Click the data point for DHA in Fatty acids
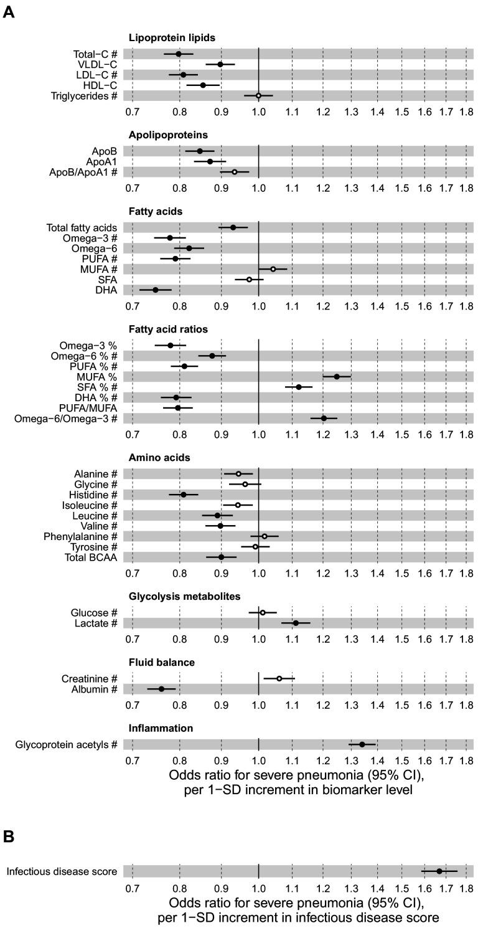coord(155,290)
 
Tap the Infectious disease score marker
coord(439,871)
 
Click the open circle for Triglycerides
coord(258,95)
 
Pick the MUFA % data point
coord(337,377)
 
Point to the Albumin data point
coord(161,689)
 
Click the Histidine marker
coord(183,495)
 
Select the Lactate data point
coord(296,623)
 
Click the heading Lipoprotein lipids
coord(172,38)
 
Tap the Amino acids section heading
coord(159,458)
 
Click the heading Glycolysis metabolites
coord(184,597)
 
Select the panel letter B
coord(9,837)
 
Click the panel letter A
coord(9,12)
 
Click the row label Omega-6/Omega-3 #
coord(65,419)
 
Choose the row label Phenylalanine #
coord(80,536)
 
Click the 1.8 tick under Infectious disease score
coord(466,889)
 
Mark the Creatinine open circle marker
coord(279,678)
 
